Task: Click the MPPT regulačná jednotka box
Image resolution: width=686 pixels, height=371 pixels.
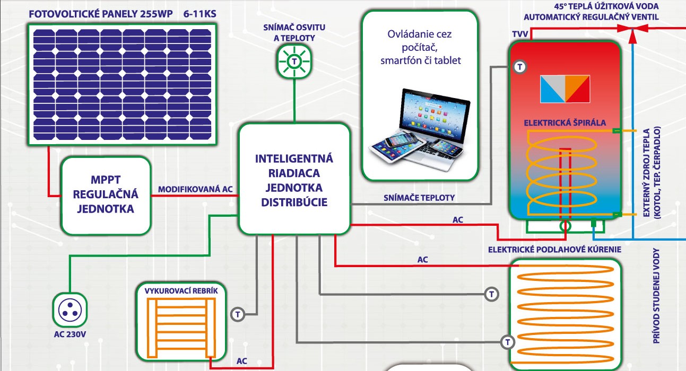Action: tap(106, 196)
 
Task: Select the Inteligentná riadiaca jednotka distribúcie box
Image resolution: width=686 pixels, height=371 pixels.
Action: tap(294, 179)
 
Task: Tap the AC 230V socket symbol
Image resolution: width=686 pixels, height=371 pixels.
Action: tap(70, 310)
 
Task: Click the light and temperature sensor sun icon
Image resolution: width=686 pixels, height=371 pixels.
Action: tap(294, 61)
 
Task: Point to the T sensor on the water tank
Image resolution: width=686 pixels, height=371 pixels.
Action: tap(520, 67)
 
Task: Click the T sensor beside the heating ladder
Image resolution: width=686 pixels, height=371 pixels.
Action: tap(238, 314)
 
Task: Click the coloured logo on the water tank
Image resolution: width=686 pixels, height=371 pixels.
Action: tap(565, 89)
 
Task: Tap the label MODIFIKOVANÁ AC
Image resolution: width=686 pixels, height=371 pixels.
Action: tap(195, 189)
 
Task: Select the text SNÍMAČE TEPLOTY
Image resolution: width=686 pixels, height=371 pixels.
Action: tap(419, 198)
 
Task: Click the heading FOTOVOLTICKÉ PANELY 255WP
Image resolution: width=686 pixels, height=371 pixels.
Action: tap(101, 14)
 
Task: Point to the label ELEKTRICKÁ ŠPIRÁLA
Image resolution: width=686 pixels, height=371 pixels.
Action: tap(565, 123)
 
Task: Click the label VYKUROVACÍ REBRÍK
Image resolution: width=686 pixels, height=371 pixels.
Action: tap(181, 290)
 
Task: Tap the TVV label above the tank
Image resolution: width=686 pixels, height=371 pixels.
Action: tap(520, 34)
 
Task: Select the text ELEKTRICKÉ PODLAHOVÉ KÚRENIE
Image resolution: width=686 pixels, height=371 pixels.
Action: tap(554, 250)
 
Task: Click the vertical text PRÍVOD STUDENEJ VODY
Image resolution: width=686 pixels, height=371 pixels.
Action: tap(656, 296)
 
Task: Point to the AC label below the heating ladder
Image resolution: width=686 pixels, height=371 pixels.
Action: tap(241, 361)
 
